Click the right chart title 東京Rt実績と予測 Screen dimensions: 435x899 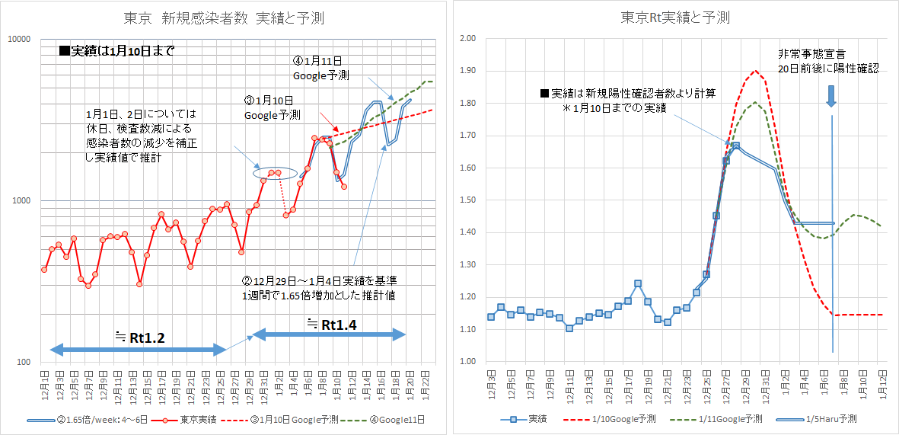point(675,17)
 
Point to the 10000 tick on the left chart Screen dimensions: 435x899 point(18,39)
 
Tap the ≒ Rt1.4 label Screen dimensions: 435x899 point(332,325)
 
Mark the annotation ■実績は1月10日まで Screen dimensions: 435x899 point(116,53)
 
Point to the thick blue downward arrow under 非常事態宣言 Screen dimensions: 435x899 point(831,95)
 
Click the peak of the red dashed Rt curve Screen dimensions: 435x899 point(754,71)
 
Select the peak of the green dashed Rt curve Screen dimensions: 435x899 point(754,102)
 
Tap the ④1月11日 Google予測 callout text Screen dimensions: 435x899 point(321,68)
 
